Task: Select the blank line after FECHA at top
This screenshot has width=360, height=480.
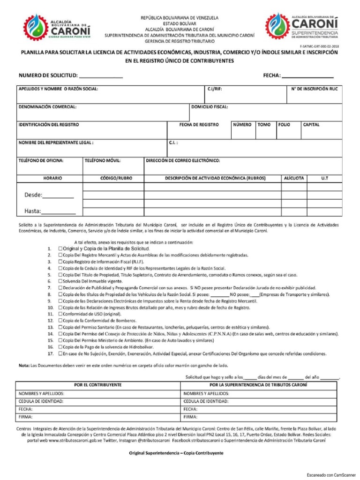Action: [x=307, y=75]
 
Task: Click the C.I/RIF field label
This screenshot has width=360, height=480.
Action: [x=215, y=89]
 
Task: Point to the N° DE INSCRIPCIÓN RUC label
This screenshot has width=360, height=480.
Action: [x=314, y=89]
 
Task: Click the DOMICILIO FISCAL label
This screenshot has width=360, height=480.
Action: [x=210, y=107]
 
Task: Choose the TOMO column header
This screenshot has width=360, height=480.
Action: [x=264, y=125]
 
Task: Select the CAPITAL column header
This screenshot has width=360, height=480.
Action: [x=311, y=125]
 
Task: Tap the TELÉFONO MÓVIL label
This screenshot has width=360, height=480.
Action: [x=103, y=160]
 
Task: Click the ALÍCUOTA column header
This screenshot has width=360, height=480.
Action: [x=293, y=178]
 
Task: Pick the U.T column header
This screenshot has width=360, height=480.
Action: [x=324, y=178]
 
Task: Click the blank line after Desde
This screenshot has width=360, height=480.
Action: [x=58, y=196]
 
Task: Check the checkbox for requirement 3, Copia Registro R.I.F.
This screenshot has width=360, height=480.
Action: [x=60, y=262]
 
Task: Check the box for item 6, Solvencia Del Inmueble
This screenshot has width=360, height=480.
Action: [x=60, y=281]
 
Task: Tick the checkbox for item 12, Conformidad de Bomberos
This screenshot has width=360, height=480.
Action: [x=60, y=320]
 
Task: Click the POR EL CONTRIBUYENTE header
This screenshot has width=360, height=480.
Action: [x=98, y=385]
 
